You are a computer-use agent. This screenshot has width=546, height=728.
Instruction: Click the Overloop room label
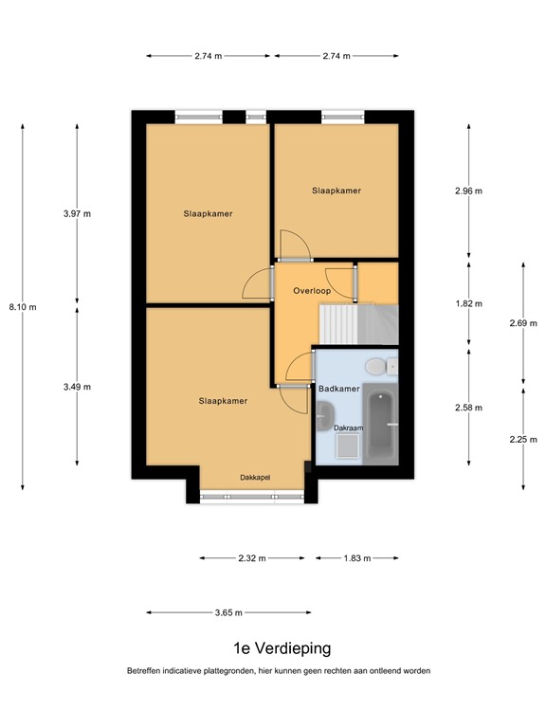(x=312, y=291)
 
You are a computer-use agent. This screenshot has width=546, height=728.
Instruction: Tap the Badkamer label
(x=337, y=390)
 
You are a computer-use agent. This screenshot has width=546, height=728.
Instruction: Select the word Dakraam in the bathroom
(x=349, y=428)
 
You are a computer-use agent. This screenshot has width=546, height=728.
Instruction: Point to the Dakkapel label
(x=255, y=477)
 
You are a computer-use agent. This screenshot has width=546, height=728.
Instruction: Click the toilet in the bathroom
(x=376, y=365)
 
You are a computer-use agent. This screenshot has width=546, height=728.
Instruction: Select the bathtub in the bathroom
(x=382, y=428)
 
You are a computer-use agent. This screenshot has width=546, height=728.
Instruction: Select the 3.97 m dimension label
(x=77, y=214)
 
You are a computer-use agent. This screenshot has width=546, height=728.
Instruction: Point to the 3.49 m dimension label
(x=77, y=387)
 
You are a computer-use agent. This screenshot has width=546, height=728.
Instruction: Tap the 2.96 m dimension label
(x=469, y=191)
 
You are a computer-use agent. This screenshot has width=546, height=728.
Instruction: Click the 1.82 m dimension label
(x=469, y=304)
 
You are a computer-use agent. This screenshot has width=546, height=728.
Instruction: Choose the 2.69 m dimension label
(x=523, y=323)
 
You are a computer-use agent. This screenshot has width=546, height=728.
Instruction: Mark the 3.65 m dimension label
(x=226, y=613)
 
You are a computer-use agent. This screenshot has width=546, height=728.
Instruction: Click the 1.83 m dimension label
(x=356, y=558)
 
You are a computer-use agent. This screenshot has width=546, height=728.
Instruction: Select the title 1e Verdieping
(x=282, y=649)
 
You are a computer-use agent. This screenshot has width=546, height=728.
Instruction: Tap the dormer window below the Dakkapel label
(x=252, y=495)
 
